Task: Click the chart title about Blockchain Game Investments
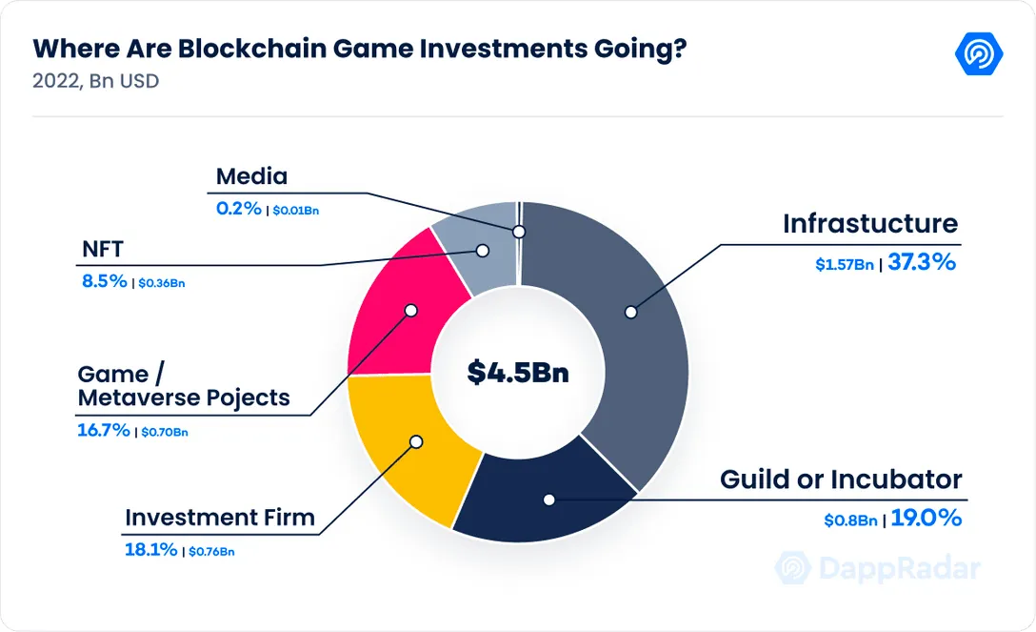click(359, 49)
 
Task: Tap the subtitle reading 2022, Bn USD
click(96, 81)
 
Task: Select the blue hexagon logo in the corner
click(979, 53)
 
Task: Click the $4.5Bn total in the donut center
click(518, 372)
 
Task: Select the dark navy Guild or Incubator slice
click(542, 496)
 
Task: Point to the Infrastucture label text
click(870, 223)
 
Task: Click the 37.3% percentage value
click(922, 262)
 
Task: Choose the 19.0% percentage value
click(926, 518)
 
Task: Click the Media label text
click(251, 176)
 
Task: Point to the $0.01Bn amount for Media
click(296, 211)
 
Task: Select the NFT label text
click(103, 249)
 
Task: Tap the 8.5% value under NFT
click(105, 281)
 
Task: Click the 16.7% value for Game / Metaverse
click(104, 430)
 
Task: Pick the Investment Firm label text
click(220, 517)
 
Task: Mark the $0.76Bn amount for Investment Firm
click(211, 551)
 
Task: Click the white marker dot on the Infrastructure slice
click(631, 312)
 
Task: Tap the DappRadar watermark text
click(900, 568)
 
